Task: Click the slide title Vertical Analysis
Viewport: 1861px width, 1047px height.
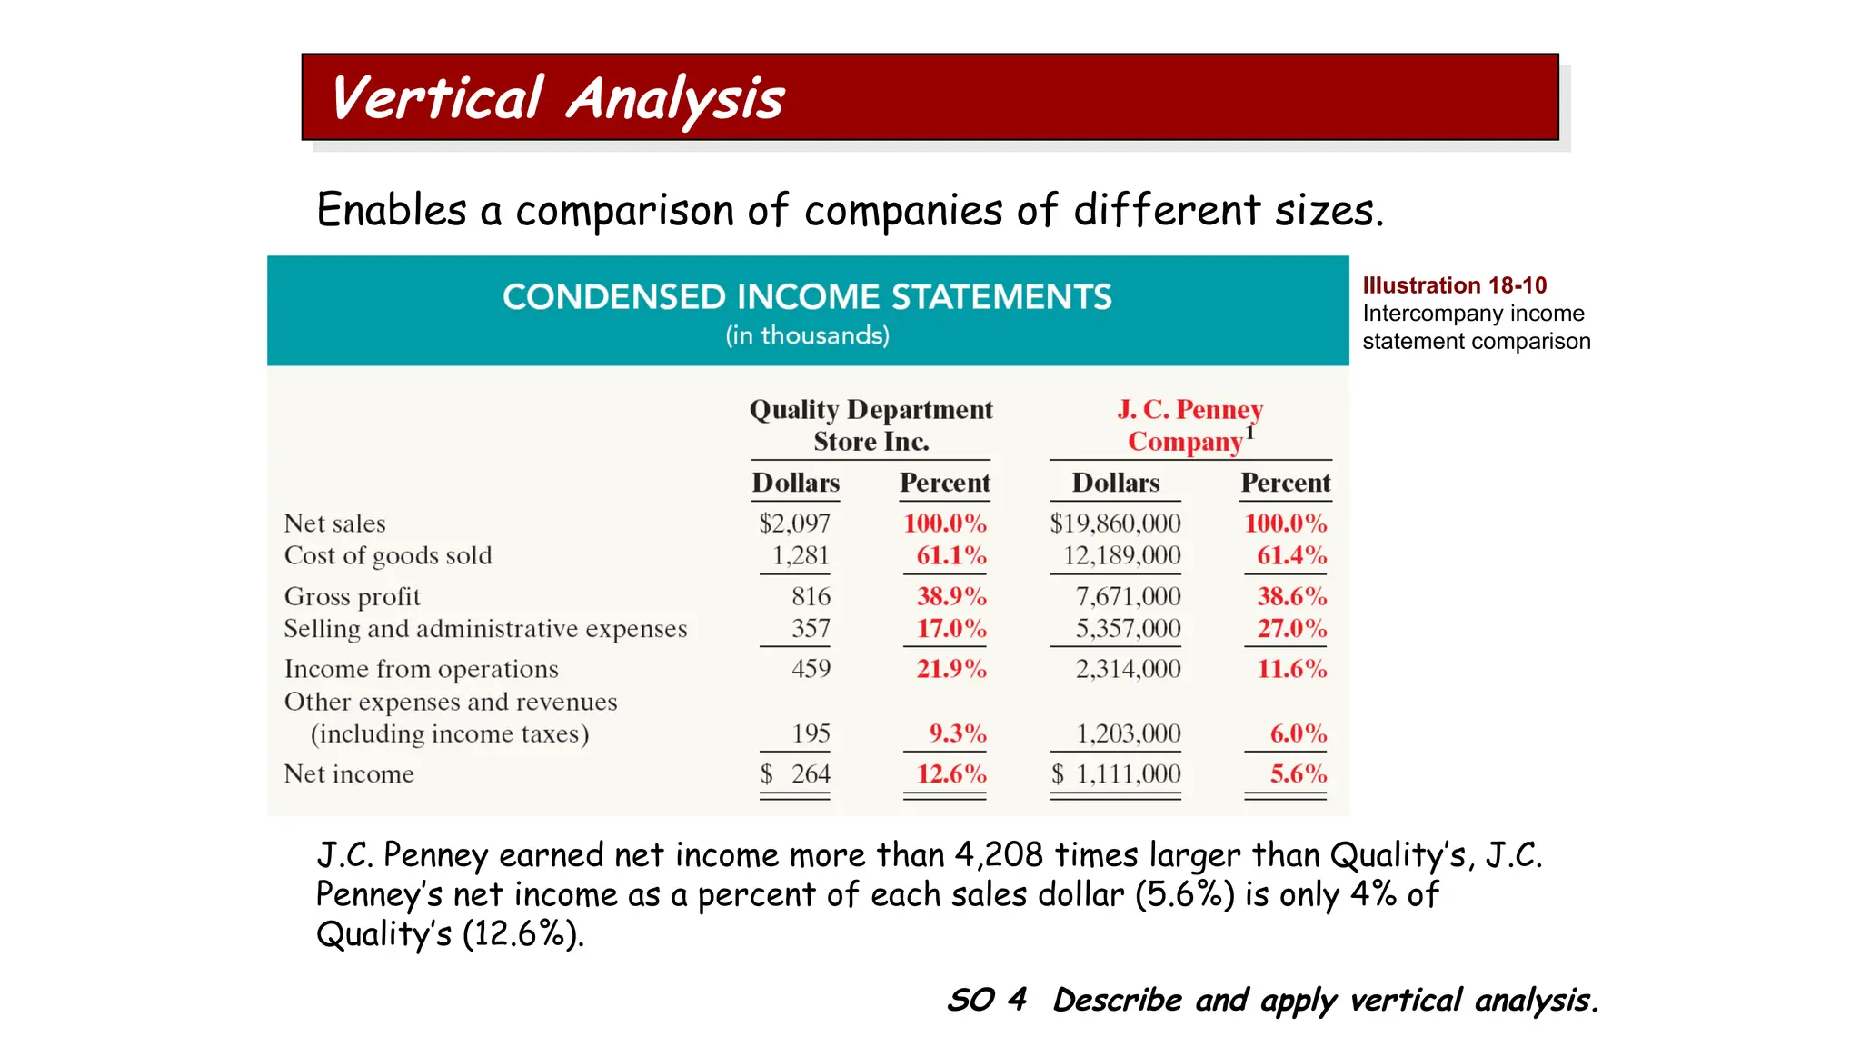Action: tap(557, 98)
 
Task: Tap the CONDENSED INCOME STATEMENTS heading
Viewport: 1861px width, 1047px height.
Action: tap(807, 297)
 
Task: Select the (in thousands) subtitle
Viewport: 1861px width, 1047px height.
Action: tap(807, 335)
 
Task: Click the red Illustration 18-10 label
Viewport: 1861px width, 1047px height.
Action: tap(1454, 285)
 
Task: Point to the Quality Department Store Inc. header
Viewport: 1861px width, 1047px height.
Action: tap(871, 425)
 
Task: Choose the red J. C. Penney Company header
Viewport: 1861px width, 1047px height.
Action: tap(1189, 425)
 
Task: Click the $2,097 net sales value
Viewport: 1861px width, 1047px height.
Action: tap(794, 523)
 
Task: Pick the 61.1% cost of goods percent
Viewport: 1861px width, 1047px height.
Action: tap(950, 555)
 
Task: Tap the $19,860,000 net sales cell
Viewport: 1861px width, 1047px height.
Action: tap(1115, 523)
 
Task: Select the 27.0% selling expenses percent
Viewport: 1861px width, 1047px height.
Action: tap(1291, 629)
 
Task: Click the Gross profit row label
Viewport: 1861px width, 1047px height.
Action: tap(353, 597)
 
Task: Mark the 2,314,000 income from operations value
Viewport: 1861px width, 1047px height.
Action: tap(1128, 669)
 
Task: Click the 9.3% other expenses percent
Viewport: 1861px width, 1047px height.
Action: tap(957, 733)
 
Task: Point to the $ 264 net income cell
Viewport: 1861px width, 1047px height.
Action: tap(796, 774)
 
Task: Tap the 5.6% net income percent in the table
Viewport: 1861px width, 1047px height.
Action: tap(1298, 774)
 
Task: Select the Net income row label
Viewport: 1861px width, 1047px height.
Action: tap(349, 774)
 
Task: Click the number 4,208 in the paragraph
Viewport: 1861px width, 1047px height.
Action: tap(999, 855)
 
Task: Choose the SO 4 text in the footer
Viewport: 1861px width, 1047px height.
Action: tap(987, 1000)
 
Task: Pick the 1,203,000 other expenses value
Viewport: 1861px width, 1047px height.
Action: tap(1128, 733)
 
